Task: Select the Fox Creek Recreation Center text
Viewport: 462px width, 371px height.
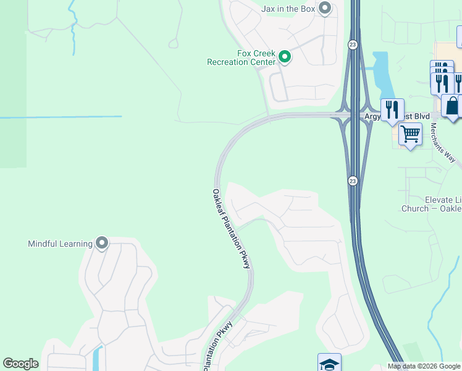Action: click(x=241, y=58)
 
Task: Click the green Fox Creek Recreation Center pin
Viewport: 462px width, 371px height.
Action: click(x=285, y=58)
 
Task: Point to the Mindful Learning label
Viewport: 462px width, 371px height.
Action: click(x=60, y=244)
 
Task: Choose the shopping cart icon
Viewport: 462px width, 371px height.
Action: click(x=410, y=133)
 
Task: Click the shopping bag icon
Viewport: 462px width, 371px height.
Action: click(x=453, y=106)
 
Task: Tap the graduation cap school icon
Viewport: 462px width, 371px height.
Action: click(x=329, y=363)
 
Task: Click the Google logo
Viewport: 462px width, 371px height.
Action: click(x=20, y=364)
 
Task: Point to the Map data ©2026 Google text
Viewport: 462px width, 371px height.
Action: click(x=424, y=366)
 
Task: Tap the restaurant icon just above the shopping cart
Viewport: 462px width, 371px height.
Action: click(x=392, y=109)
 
